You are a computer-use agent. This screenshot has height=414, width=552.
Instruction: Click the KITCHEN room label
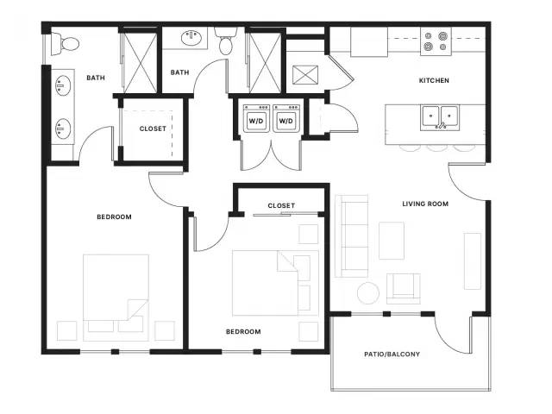coord(434,80)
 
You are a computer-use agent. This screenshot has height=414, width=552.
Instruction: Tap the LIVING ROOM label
coord(425,204)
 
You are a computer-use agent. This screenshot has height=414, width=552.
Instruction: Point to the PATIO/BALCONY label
coord(392,354)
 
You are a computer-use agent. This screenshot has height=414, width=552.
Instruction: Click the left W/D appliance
coord(256,118)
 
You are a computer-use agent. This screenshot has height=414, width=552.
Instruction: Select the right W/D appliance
coord(285,118)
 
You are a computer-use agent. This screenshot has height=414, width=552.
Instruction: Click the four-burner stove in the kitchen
coord(436,41)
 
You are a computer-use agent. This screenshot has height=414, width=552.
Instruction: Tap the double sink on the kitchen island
coord(440,117)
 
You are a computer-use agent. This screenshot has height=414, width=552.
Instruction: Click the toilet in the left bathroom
coord(66,44)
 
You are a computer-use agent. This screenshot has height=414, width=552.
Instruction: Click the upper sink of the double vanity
coord(63,85)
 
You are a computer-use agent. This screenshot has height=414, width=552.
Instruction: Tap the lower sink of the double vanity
coord(63,129)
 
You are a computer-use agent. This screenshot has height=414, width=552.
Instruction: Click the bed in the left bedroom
coord(116,298)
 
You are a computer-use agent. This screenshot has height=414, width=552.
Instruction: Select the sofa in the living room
coord(352,235)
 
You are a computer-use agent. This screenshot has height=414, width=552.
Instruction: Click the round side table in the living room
coord(368,293)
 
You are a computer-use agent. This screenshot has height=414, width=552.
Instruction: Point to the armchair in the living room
coord(404,289)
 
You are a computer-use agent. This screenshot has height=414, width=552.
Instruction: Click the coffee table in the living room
coord(392,241)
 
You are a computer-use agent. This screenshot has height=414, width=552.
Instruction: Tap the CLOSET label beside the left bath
coord(153,129)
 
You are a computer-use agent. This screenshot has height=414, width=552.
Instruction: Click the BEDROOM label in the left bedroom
coord(114,216)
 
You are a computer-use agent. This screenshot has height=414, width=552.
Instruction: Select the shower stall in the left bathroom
coord(141,63)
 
